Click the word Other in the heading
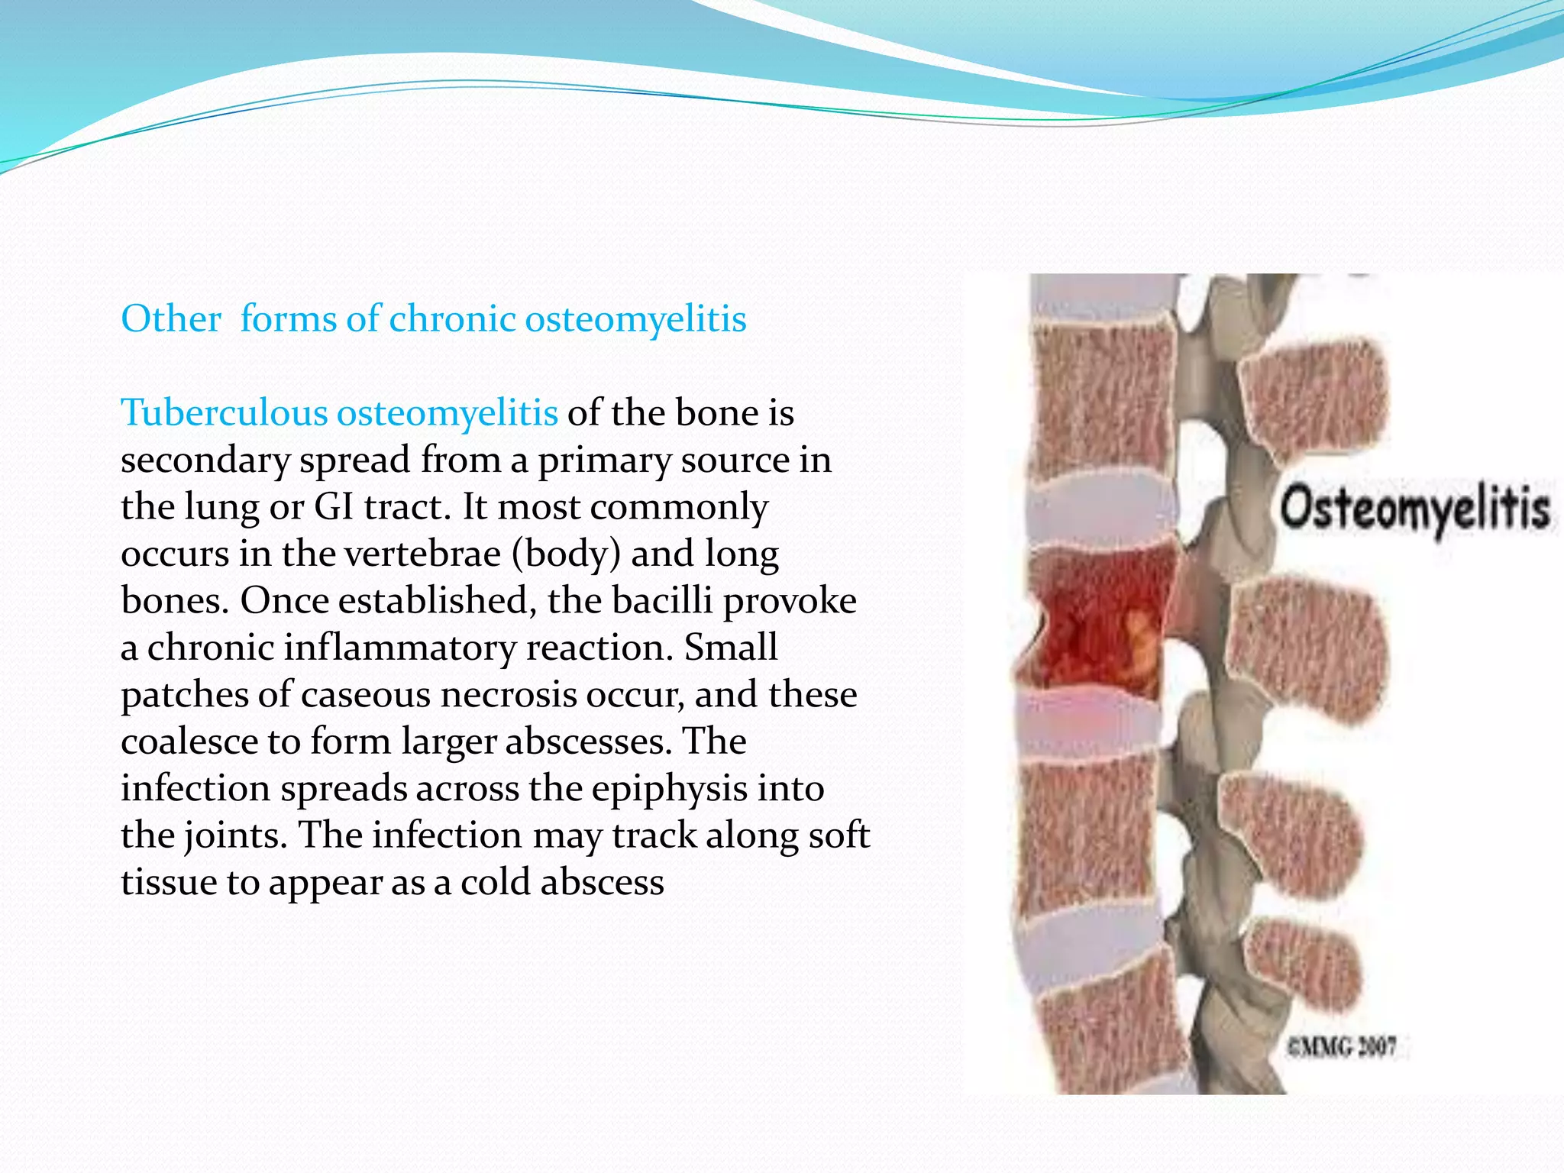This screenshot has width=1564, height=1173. pyautogui.click(x=171, y=319)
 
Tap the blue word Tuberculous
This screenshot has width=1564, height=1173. pyautogui.click(x=224, y=413)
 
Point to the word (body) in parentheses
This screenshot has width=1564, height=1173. pyautogui.click(x=566, y=554)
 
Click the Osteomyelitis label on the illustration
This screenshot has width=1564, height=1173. pyautogui.click(x=1414, y=509)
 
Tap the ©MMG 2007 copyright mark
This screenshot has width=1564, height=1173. pyautogui.click(x=1342, y=1046)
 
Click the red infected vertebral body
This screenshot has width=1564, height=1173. pyautogui.click(x=1096, y=622)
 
